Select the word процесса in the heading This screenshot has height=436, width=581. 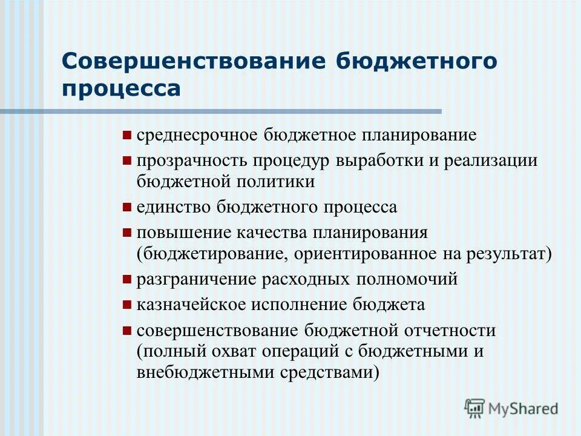pyautogui.click(x=122, y=89)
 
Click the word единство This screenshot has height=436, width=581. pyautogui.click(x=173, y=207)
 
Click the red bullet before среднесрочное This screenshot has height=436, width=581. pyautogui.click(x=126, y=135)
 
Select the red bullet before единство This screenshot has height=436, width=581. pyautogui.click(x=126, y=207)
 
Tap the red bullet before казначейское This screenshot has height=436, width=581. pyautogui.click(x=126, y=305)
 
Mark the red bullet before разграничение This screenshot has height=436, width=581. pyautogui.click(x=126, y=280)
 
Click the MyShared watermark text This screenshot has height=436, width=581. pyautogui.click(x=523, y=409)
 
